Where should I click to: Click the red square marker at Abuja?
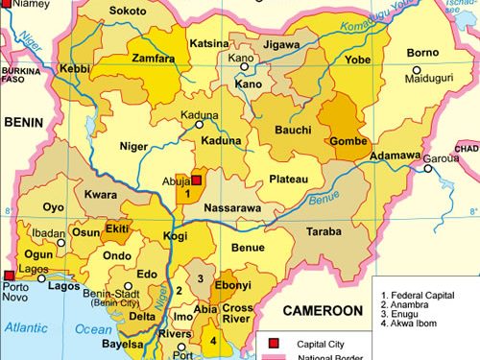coord(197,180)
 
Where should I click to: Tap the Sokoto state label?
coord(129,12)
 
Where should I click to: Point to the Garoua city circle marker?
coord(428,169)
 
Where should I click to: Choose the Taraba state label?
coord(324,232)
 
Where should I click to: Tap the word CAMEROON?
coord(322,311)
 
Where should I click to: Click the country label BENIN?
coord(26,122)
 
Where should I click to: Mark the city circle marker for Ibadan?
coord(61,243)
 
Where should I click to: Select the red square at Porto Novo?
coord(9,274)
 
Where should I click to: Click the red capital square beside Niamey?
coord(5,5)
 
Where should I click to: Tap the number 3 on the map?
coord(200,278)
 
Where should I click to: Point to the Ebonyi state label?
coord(231,286)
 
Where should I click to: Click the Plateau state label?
coord(288,180)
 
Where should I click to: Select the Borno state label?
coord(423,52)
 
